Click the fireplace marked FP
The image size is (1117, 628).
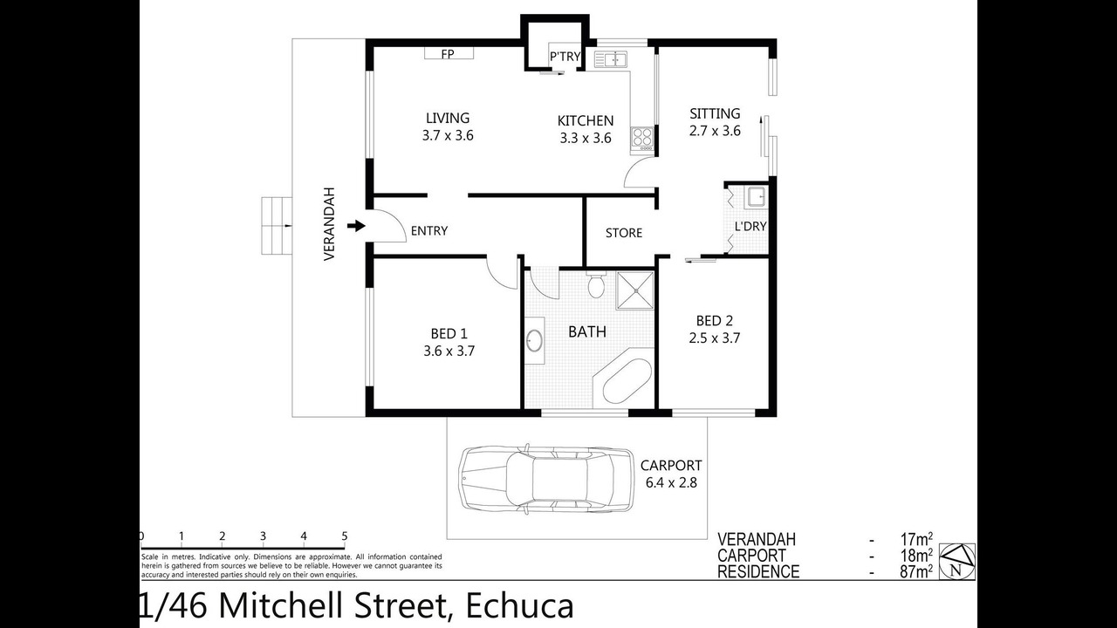point(449,53)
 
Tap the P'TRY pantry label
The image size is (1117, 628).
point(565,57)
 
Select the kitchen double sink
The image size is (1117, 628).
point(611,59)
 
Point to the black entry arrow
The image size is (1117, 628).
point(356,226)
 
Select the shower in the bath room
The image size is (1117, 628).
point(635,290)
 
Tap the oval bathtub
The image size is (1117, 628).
point(627,382)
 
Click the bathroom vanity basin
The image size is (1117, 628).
point(534,341)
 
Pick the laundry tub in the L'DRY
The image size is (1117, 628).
point(757,197)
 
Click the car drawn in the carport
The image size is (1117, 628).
point(546,479)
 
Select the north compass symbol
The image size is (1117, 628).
point(957,562)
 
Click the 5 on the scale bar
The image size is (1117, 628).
point(345,536)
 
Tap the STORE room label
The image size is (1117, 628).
point(624,233)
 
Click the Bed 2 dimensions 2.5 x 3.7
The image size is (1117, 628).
point(715,338)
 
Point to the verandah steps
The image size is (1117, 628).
point(277,226)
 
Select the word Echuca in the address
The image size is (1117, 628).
point(519,606)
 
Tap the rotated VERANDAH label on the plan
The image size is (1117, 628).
point(329,224)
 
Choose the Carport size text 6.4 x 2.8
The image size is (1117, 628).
point(671,482)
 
